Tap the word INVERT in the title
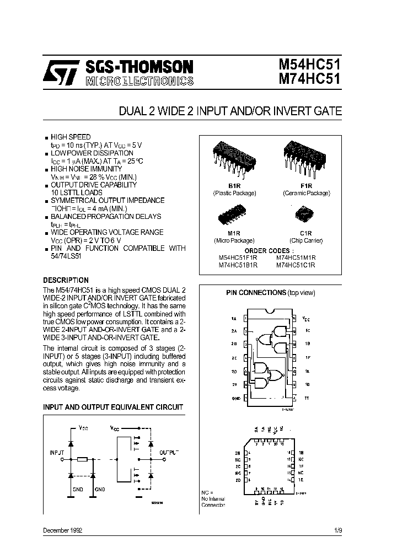[291, 111]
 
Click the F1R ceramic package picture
[306, 155]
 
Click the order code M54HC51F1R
[238, 257]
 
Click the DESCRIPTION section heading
[66, 280]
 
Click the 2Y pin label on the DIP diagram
[234, 385]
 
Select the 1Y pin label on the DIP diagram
[307, 398]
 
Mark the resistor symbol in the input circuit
[82, 459]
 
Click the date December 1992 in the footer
[63, 530]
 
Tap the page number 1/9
[337, 530]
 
